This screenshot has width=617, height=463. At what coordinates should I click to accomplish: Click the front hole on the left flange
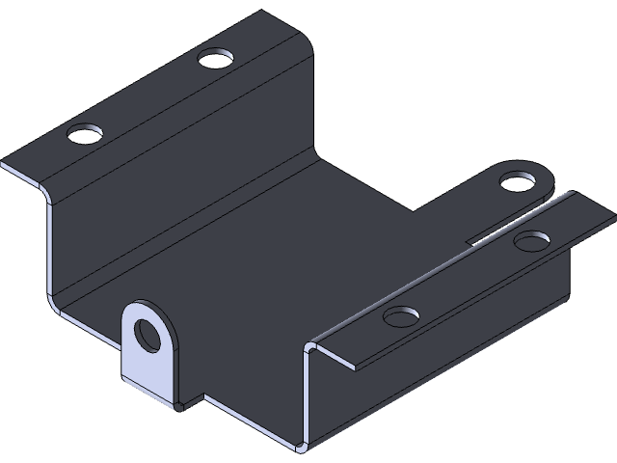coord(86,132)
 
